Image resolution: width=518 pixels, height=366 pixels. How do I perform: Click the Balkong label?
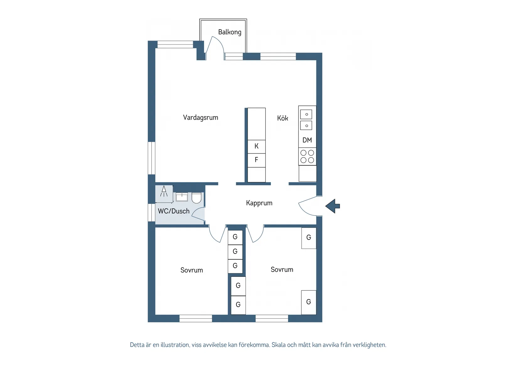pos(229,32)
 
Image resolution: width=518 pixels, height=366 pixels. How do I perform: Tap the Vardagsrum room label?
pos(200,118)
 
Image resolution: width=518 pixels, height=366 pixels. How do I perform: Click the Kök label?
pos(282,118)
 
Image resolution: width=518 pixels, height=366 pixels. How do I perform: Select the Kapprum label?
pos(259,203)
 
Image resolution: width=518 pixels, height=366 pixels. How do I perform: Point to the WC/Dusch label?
pos(174,211)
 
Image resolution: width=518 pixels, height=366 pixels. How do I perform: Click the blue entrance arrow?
pos(333,206)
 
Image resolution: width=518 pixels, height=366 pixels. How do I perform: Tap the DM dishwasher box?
pos(307,140)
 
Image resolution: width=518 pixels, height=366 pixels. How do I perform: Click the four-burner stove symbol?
pos(307,156)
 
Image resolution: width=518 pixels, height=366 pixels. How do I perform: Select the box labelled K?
pos(256,146)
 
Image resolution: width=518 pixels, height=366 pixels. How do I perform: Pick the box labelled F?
pos(256,160)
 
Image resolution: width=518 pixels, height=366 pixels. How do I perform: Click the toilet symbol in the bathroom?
pos(197,198)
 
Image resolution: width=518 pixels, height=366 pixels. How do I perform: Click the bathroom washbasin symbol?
pos(182,197)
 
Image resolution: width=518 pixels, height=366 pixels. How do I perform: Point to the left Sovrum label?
pos(192,270)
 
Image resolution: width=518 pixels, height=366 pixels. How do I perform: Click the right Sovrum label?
pos(282,270)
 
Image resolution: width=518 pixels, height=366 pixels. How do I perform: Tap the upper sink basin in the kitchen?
pos(306,114)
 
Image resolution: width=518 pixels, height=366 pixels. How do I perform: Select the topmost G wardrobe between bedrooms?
pos(235,237)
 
